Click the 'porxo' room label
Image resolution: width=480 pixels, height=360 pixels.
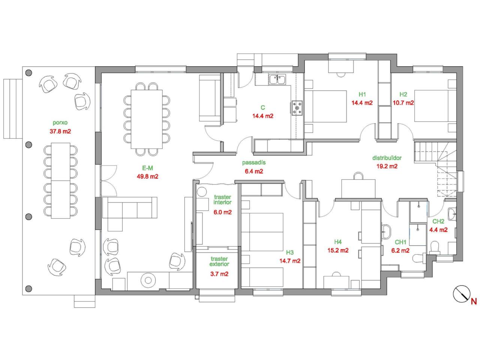click(60, 123)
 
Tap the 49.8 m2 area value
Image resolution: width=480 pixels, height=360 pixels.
click(147, 176)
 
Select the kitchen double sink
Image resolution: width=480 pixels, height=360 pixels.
click(277, 79)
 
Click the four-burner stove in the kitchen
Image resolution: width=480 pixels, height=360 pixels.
click(297, 108)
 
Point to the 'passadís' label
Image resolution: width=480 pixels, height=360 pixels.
click(253, 162)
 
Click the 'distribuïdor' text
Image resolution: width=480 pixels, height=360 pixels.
click(387, 157)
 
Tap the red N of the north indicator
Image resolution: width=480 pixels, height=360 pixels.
click(474, 302)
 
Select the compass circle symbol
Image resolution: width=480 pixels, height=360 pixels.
click(461, 294)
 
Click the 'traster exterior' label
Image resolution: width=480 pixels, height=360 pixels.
click(219, 261)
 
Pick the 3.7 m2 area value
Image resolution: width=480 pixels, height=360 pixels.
click(219, 274)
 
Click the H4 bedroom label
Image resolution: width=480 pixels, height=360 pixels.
click(338, 242)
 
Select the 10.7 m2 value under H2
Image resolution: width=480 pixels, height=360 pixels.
click(403, 103)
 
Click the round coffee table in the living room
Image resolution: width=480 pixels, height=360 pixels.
click(148, 280)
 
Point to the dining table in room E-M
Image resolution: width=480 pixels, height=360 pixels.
click(147, 119)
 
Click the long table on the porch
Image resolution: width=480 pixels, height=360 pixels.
click(61, 180)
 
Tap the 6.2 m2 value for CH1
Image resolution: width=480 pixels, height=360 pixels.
click(400, 250)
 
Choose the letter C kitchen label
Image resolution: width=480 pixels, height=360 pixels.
click(263, 108)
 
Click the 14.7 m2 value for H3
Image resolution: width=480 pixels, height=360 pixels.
click(290, 261)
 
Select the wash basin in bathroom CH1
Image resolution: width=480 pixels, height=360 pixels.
click(386, 231)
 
